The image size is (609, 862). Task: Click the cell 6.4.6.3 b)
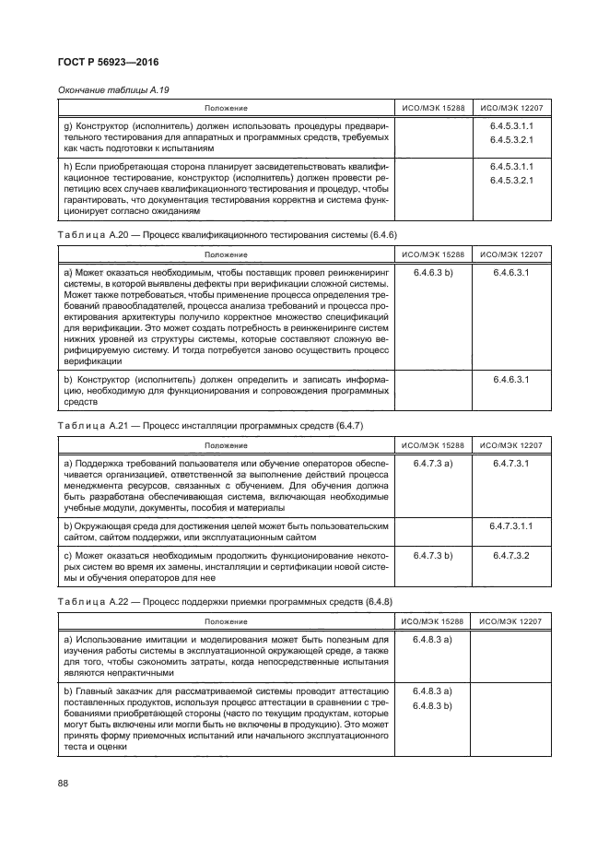[x=432, y=274]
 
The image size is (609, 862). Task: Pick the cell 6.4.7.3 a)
[x=432, y=462]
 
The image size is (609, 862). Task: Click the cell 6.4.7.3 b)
[x=432, y=557]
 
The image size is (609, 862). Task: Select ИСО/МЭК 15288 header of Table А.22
[x=432, y=622]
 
